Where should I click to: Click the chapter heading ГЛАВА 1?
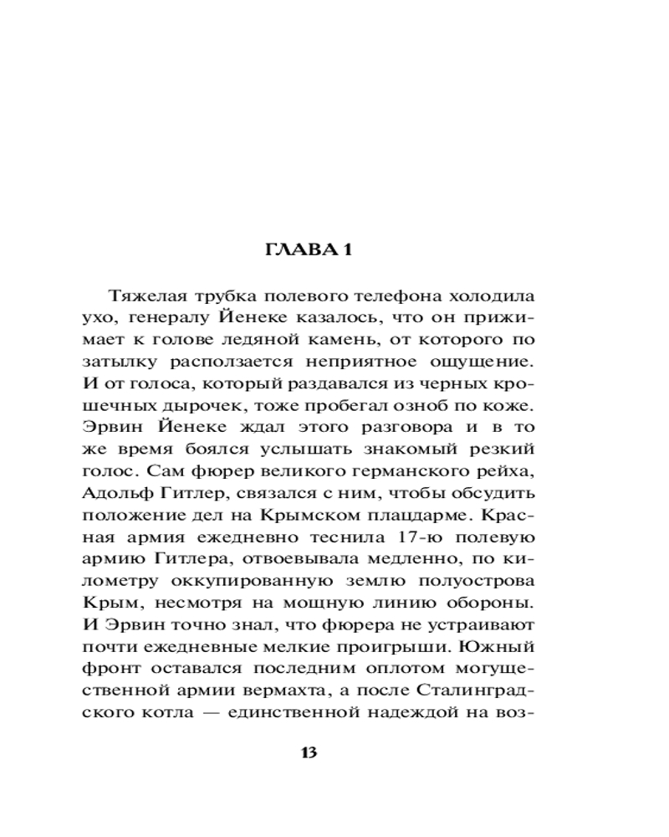click(x=308, y=251)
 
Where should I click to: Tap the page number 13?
click(x=308, y=752)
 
